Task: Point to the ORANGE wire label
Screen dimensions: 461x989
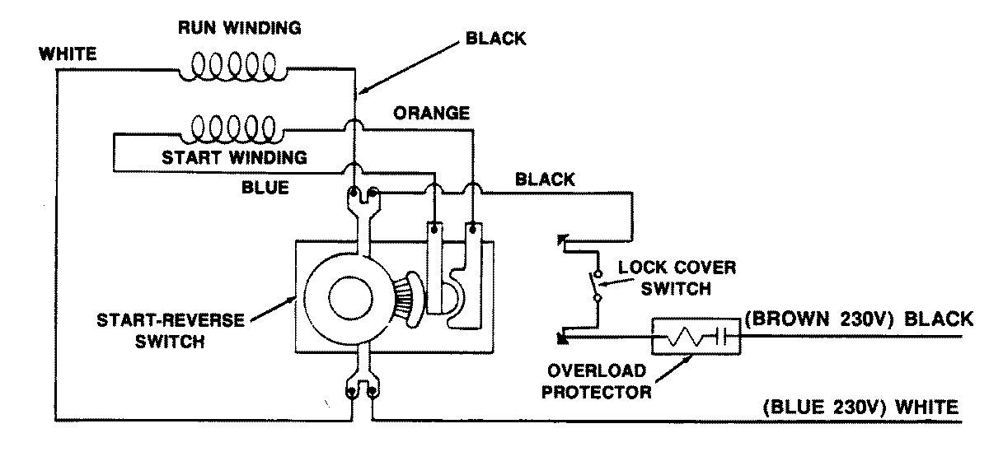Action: pos(431,114)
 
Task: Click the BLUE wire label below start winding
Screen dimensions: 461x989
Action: pos(265,188)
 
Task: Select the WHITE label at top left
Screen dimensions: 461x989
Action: pos(68,55)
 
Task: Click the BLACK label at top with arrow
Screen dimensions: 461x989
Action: pos(495,39)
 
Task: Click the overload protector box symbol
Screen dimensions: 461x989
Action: pos(696,338)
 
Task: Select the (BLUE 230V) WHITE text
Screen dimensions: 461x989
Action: pos(860,407)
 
